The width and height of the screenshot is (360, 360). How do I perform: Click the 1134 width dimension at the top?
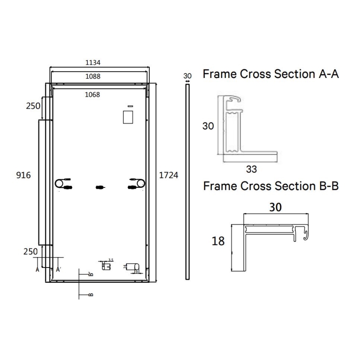[x=93, y=63]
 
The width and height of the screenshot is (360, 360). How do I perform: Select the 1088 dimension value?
[x=93, y=76]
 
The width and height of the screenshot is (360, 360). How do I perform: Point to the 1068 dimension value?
[x=92, y=95]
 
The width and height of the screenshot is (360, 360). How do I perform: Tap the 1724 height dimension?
[x=169, y=175]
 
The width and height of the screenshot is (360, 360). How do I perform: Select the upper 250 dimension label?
[x=33, y=106]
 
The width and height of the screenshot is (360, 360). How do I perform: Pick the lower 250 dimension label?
[x=30, y=251]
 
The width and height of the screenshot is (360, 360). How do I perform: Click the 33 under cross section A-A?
[x=251, y=169]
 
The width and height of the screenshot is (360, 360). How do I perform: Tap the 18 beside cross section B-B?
[x=218, y=241]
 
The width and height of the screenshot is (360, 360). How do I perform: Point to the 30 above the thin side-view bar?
[x=187, y=76]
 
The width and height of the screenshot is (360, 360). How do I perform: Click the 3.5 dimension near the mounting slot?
[x=110, y=260]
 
